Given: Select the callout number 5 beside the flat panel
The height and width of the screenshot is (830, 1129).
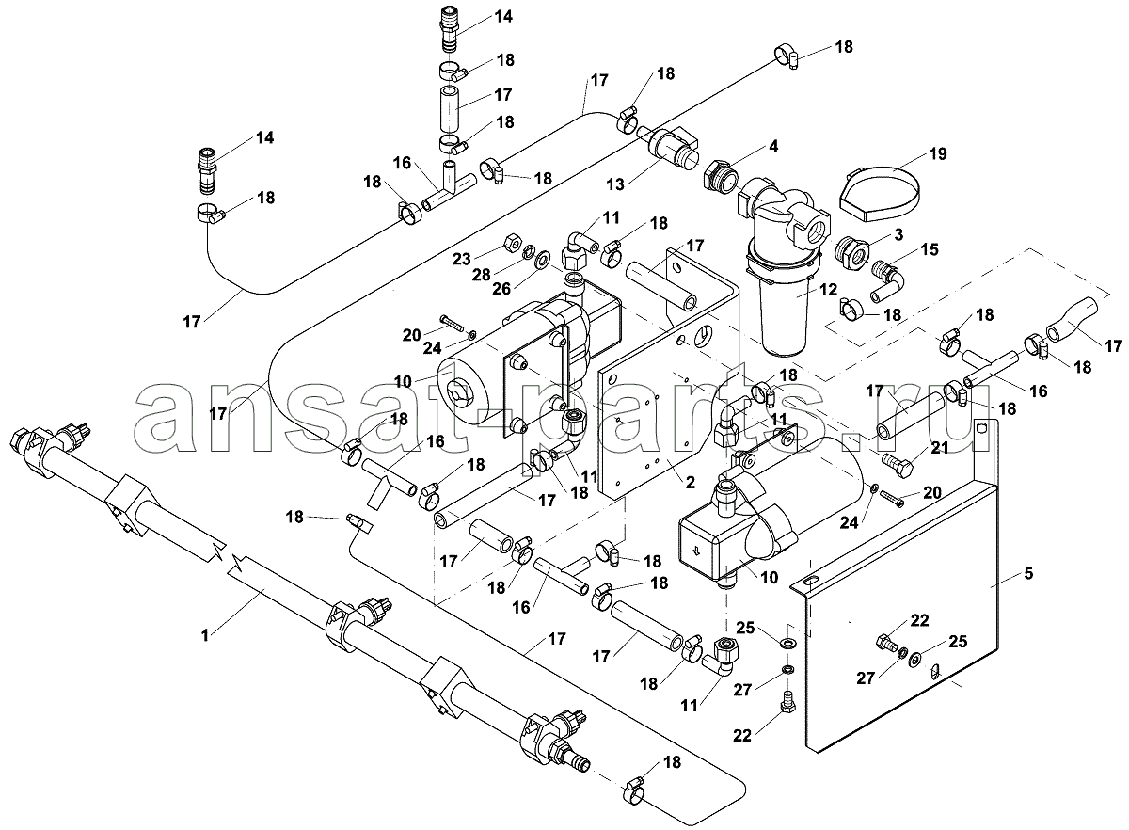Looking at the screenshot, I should tap(1028, 572).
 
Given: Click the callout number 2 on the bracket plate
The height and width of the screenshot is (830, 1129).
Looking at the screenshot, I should tap(689, 482).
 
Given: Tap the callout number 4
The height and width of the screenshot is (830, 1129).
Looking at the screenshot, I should tap(772, 146).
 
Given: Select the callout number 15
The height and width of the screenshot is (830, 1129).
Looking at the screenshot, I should tap(930, 249).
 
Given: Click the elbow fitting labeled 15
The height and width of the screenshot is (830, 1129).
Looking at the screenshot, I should tap(886, 275).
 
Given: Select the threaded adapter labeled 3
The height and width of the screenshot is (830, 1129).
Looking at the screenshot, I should tap(851, 252).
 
